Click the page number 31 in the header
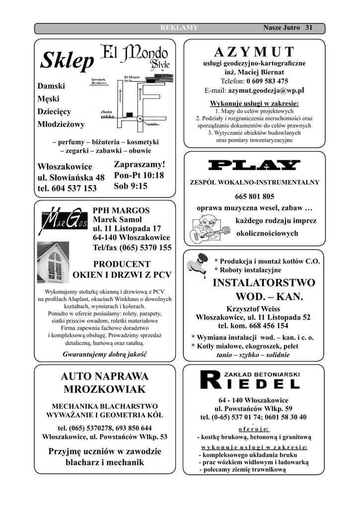tap(309, 28)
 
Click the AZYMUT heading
tap(254, 52)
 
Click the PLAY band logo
tap(254, 165)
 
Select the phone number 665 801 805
tap(254, 196)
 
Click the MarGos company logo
tap(63, 221)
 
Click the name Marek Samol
tap(117, 219)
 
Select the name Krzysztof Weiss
tap(253, 309)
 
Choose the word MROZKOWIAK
tap(104, 389)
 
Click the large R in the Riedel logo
tap(209, 380)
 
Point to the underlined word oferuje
tap(254, 429)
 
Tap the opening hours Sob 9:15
tap(131, 186)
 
